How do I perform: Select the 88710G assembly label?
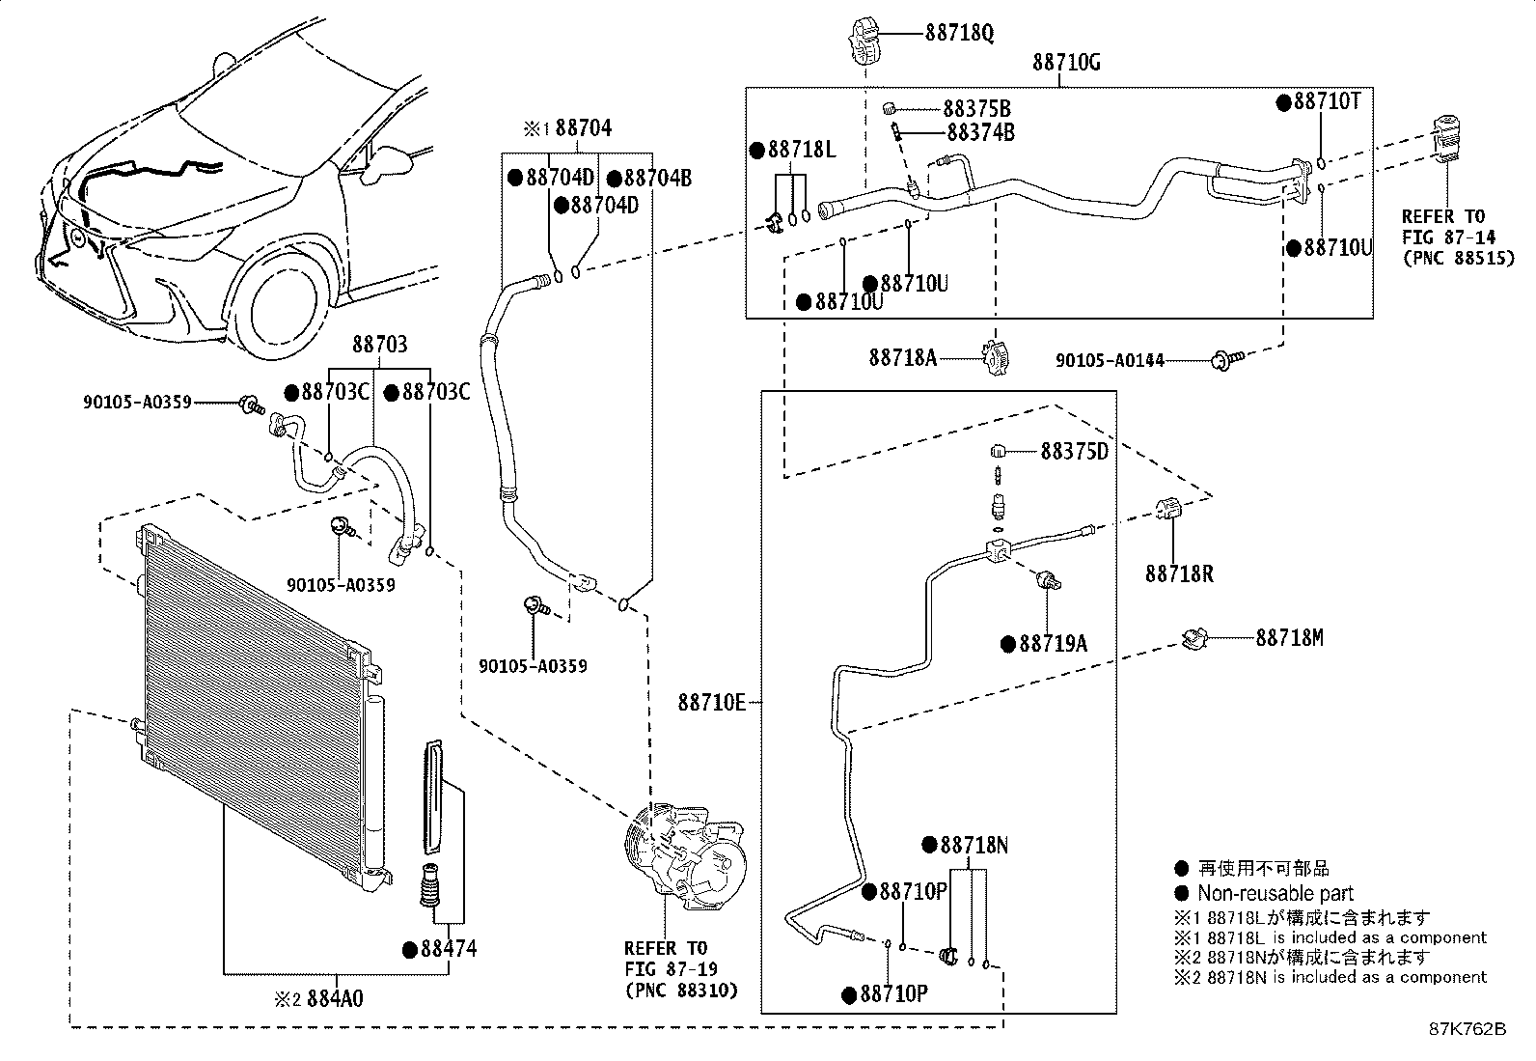[1066, 63]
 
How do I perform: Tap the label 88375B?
[976, 109]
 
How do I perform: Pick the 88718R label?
[1179, 573]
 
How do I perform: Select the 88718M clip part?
[1195, 637]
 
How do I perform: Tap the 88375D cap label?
[1074, 451]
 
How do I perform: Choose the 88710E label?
[712, 703]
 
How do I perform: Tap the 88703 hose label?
[378, 345]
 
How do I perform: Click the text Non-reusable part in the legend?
[1275, 893]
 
